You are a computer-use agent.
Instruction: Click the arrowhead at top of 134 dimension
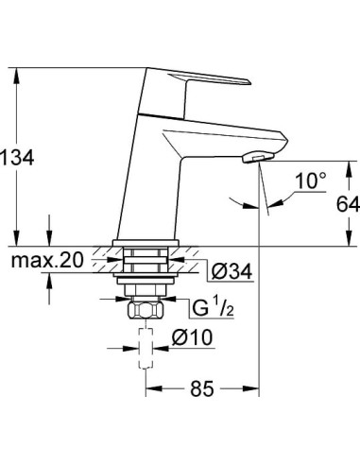pyautogui.click(x=19, y=71)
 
